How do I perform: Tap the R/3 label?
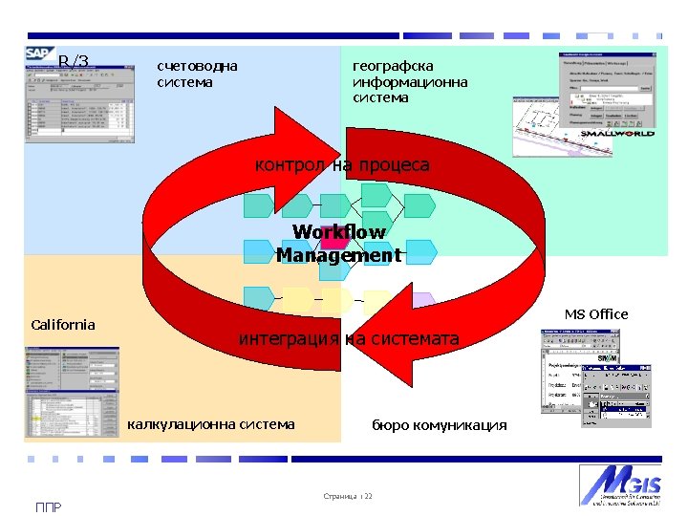[x=74, y=63]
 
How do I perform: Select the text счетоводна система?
[x=197, y=74]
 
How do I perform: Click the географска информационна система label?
[x=410, y=81]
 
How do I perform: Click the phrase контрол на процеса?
[x=342, y=165]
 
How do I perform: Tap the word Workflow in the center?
[x=339, y=232]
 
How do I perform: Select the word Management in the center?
[x=339, y=255]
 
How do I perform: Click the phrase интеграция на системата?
[x=349, y=339]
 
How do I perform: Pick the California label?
[x=63, y=325]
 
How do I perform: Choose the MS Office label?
[x=596, y=314]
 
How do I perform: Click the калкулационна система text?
[x=211, y=424]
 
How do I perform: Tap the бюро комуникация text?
[x=440, y=425]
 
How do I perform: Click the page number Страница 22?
[x=348, y=497]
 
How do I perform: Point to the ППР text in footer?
[x=48, y=507]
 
